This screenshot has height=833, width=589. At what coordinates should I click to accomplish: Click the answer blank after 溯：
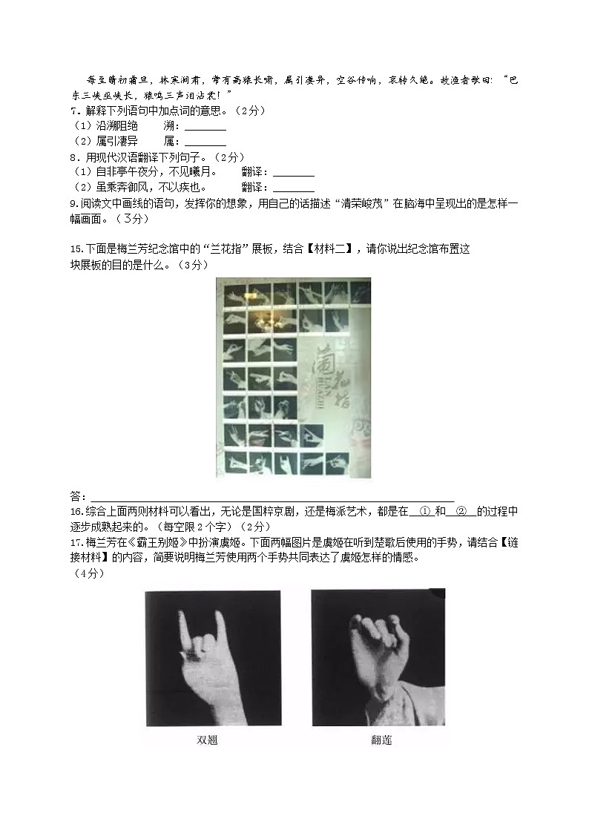pyautogui.click(x=205, y=128)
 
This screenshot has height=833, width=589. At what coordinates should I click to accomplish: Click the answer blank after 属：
pyautogui.click(x=205, y=142)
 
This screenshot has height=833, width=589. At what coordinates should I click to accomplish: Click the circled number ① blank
pyautogui.click(x=425, y=511)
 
